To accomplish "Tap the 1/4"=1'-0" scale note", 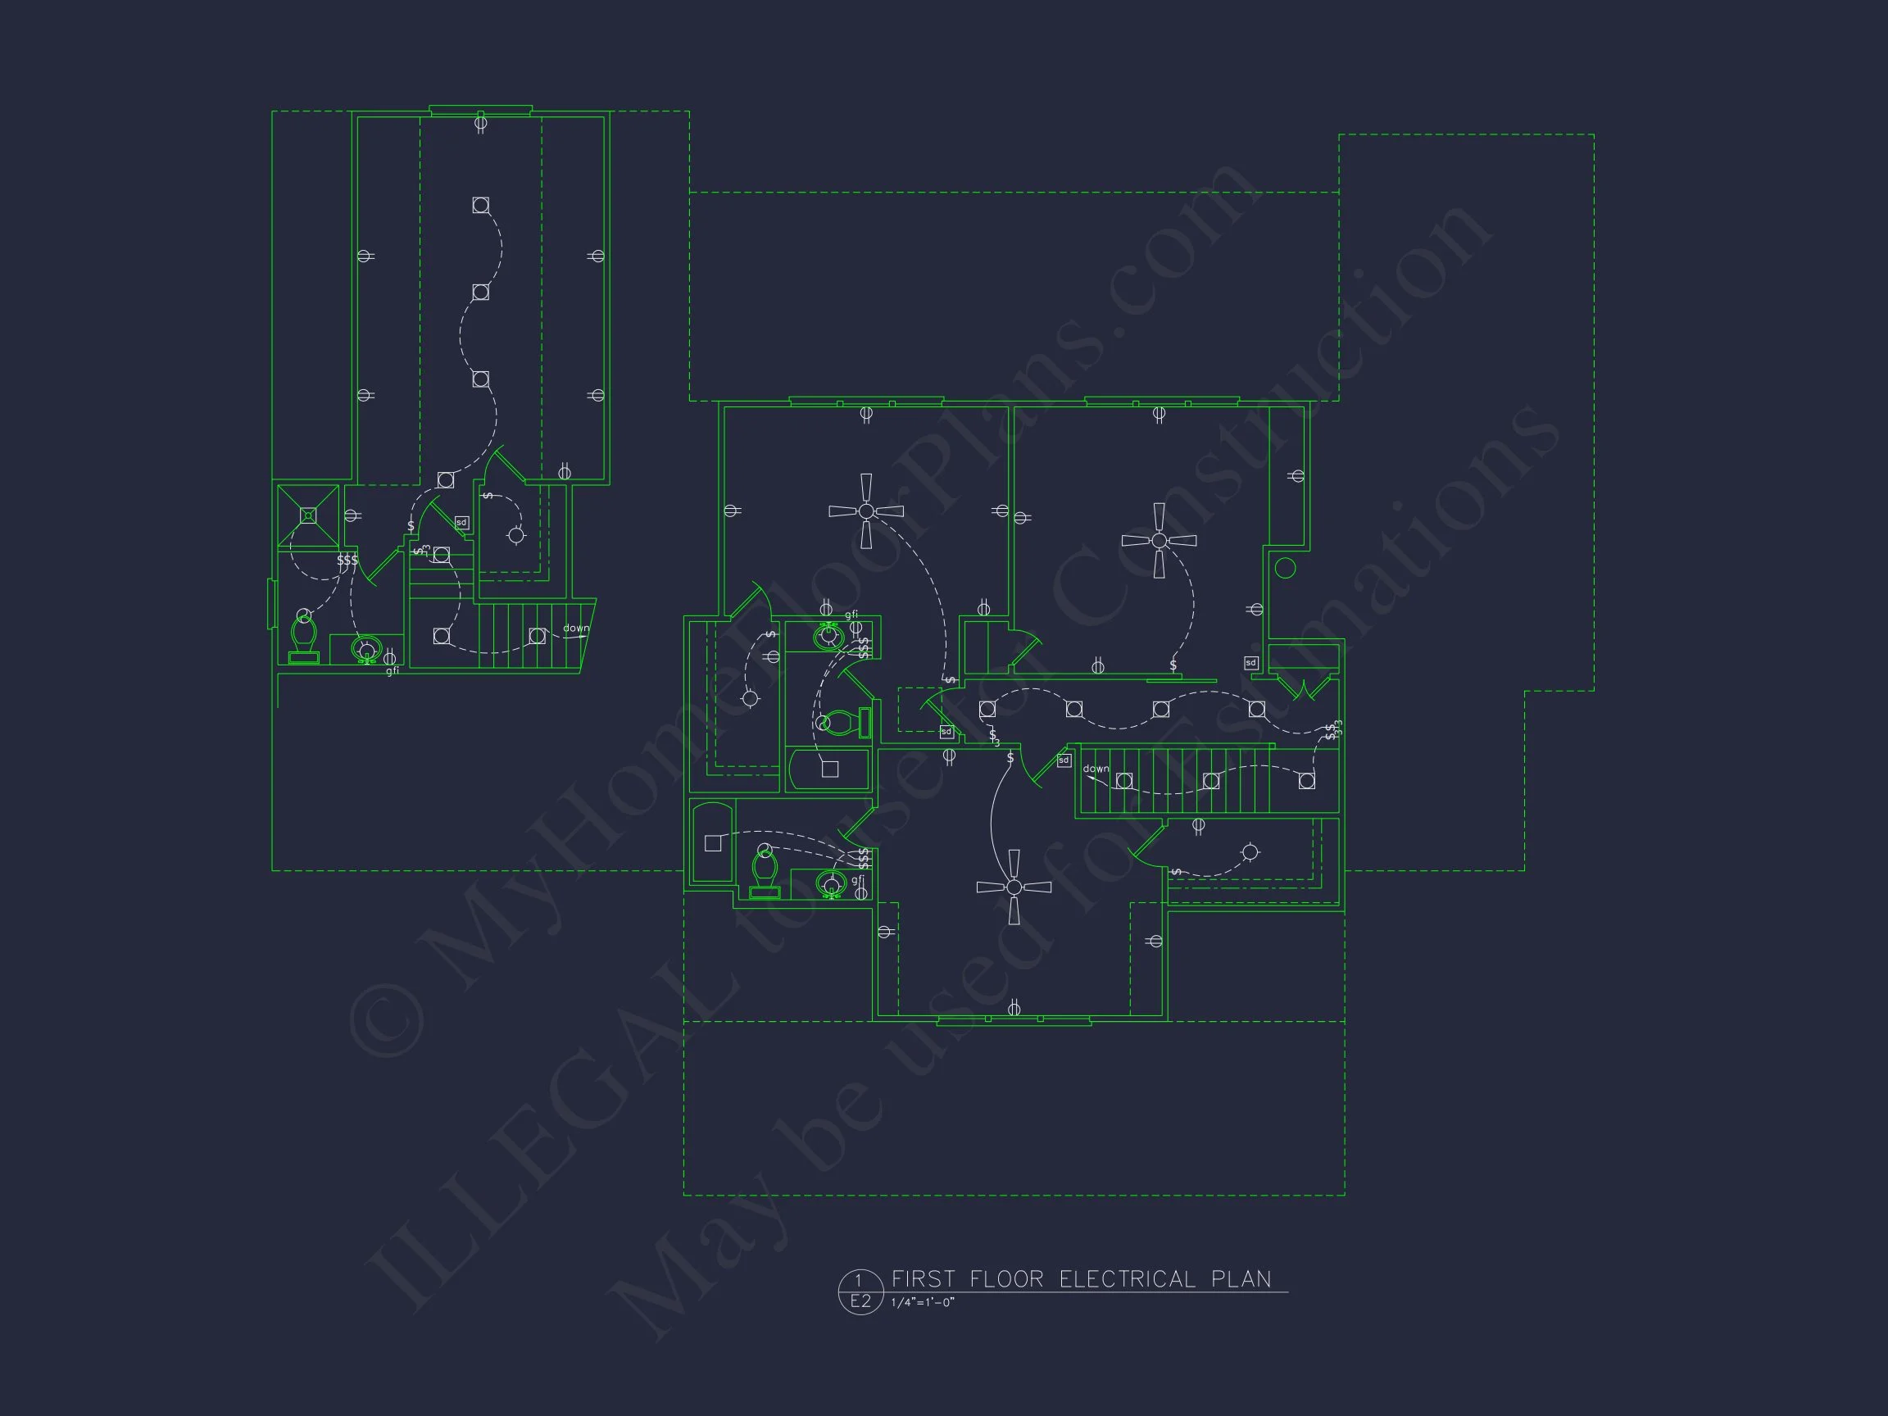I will [x=923, y=1302].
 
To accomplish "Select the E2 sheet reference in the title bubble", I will [x=860, y=1300].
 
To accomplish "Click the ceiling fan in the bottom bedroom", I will [x=1014, y=887].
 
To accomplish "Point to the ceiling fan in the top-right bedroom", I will [x=1159, y=540].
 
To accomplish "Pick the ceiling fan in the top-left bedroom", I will [x=866, y=511].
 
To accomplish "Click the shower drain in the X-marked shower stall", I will [x=308, y=515].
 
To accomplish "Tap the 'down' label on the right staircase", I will [x=1096, y=769].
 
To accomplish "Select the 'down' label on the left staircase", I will [x=576, y=629].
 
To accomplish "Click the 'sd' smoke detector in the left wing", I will [x=461, y=522].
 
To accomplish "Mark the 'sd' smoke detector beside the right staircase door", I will [x=1064, y=760].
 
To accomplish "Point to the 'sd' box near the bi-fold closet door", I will [x=1250, y=662].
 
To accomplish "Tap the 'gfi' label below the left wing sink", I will [x=393, y=671].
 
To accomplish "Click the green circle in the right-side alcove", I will [x=1286, y=568].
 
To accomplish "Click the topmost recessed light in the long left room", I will [x=480, y=205].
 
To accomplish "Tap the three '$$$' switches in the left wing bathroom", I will [x=347, y=560].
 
